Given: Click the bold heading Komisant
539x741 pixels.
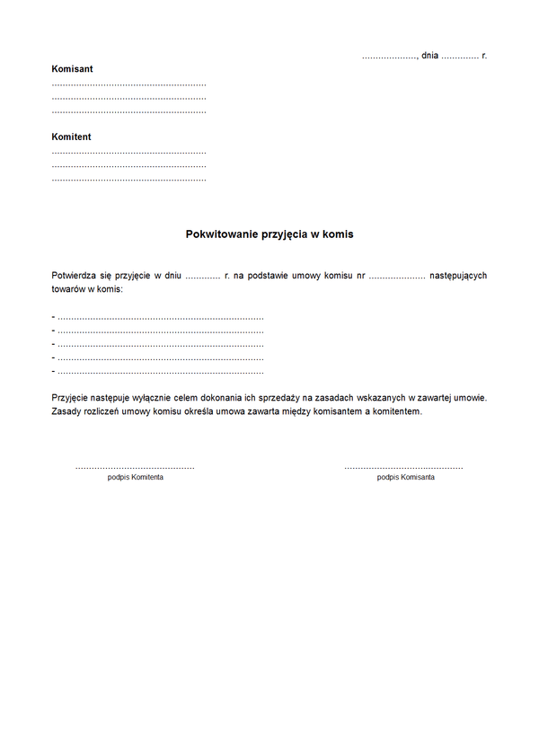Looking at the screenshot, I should coord(72,69).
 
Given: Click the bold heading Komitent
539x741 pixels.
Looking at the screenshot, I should coord(71,137).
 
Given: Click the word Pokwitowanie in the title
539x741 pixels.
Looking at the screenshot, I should coord(220,234).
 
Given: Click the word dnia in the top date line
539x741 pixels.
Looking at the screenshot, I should coord(429,56).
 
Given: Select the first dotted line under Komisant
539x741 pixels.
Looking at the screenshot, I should coord(128,84).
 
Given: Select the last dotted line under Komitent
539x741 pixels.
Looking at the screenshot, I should coord(128,180).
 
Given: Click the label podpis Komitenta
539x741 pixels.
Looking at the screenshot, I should coord(135,477).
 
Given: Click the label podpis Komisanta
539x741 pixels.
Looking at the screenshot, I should coord(405,477).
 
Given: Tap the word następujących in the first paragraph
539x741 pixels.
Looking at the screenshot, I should coord(458,276).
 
